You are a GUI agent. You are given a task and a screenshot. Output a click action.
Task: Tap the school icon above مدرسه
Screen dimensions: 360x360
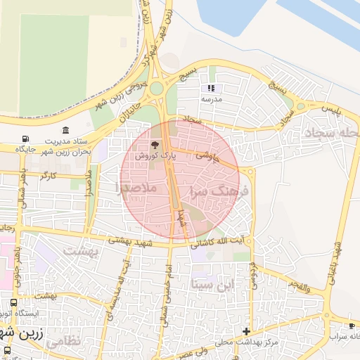click(210, 89)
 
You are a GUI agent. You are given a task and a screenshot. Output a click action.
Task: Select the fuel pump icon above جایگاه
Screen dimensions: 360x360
click(26, 139)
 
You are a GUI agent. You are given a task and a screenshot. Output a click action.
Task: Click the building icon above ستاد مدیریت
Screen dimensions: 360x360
click(65, 131)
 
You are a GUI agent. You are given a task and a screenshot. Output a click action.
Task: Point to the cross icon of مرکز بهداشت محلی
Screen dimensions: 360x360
click(246, 331)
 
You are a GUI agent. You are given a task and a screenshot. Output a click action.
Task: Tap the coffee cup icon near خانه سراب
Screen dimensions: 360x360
click(352, 326)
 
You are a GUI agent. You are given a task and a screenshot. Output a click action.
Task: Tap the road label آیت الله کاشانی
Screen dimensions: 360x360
click(223, 241)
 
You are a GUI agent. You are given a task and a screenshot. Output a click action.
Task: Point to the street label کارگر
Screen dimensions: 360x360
click(49, 175)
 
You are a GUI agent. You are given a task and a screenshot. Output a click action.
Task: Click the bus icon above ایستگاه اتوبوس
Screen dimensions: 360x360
click(14, 303)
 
